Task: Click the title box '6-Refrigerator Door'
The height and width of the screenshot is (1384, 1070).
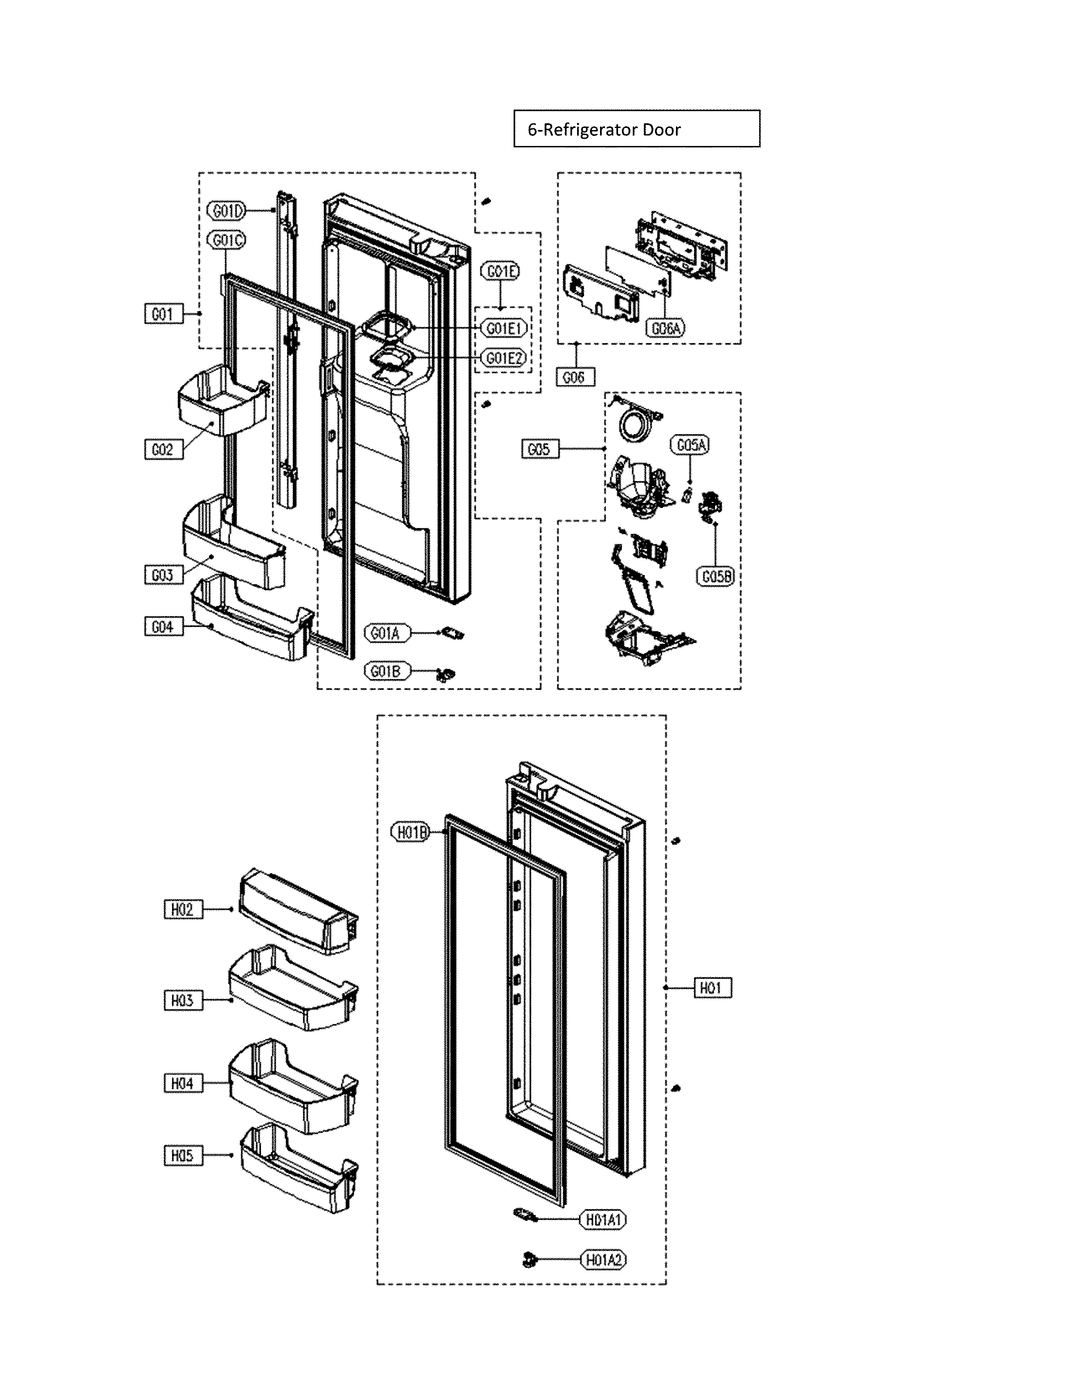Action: (x=637, y=129)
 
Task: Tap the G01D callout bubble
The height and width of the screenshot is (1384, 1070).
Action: (x=226, y=211)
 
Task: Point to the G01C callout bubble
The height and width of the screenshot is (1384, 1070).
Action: (x=226, y=240)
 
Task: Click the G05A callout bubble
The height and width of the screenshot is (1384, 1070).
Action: (x=690, y=445)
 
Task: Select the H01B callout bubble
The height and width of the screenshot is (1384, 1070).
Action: (x=411, y=832)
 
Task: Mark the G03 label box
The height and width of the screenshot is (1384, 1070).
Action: (x=163, y=575)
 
